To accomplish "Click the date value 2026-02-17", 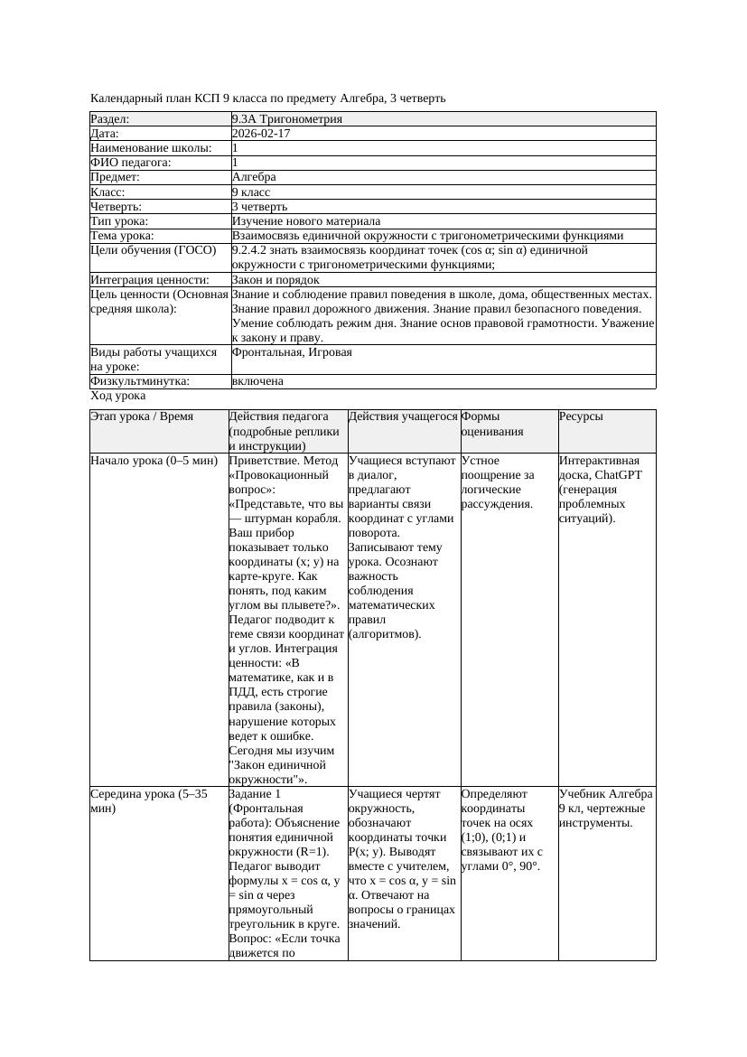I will pos(261,134).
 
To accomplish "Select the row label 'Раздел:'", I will pos(110,119).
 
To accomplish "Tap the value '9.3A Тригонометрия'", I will pos(287,119).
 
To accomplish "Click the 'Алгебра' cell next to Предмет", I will pos(254,177).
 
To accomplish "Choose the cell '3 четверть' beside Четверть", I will pos(259,207).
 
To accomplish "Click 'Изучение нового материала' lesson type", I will pos(306,221).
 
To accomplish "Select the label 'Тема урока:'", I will pos(122,236).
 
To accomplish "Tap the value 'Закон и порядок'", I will pos(275,280).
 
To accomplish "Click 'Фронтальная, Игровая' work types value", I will pos(292,352).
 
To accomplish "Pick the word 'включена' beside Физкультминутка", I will pos(257,381).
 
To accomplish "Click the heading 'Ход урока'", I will pos(118,396).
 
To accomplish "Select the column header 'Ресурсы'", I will pos(581,416).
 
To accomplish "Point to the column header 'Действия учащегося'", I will pos(403,416).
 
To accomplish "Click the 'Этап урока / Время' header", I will pos(142,416).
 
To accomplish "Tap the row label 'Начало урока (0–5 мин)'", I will pos(154,461).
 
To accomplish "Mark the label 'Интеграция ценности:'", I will pos(150,280).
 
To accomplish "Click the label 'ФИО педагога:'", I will pos(131,163).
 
